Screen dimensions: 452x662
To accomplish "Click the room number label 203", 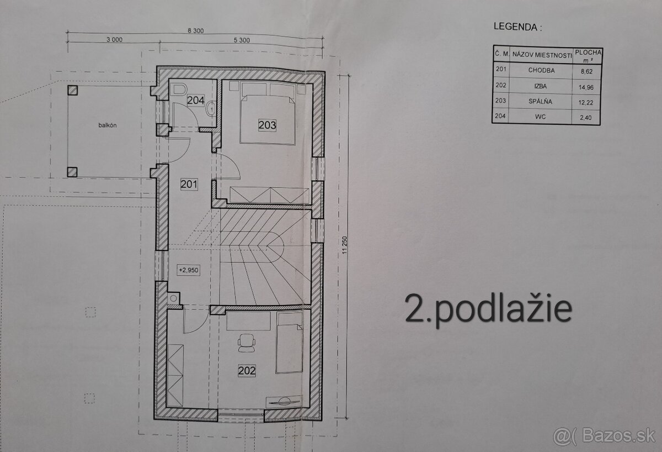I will point(267,125).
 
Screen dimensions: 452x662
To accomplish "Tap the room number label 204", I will point(195,101).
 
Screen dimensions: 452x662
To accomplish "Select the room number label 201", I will point(189,185).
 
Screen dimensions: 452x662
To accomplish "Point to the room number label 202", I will point(247,371).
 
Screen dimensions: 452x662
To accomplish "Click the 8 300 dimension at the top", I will point(195,31).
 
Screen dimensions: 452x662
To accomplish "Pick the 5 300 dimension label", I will point(242,40).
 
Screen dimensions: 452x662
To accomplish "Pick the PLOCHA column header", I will point(587,54).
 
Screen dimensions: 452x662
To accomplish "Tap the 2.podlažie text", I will point(488,310).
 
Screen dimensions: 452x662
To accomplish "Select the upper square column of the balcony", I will point(72,91).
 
